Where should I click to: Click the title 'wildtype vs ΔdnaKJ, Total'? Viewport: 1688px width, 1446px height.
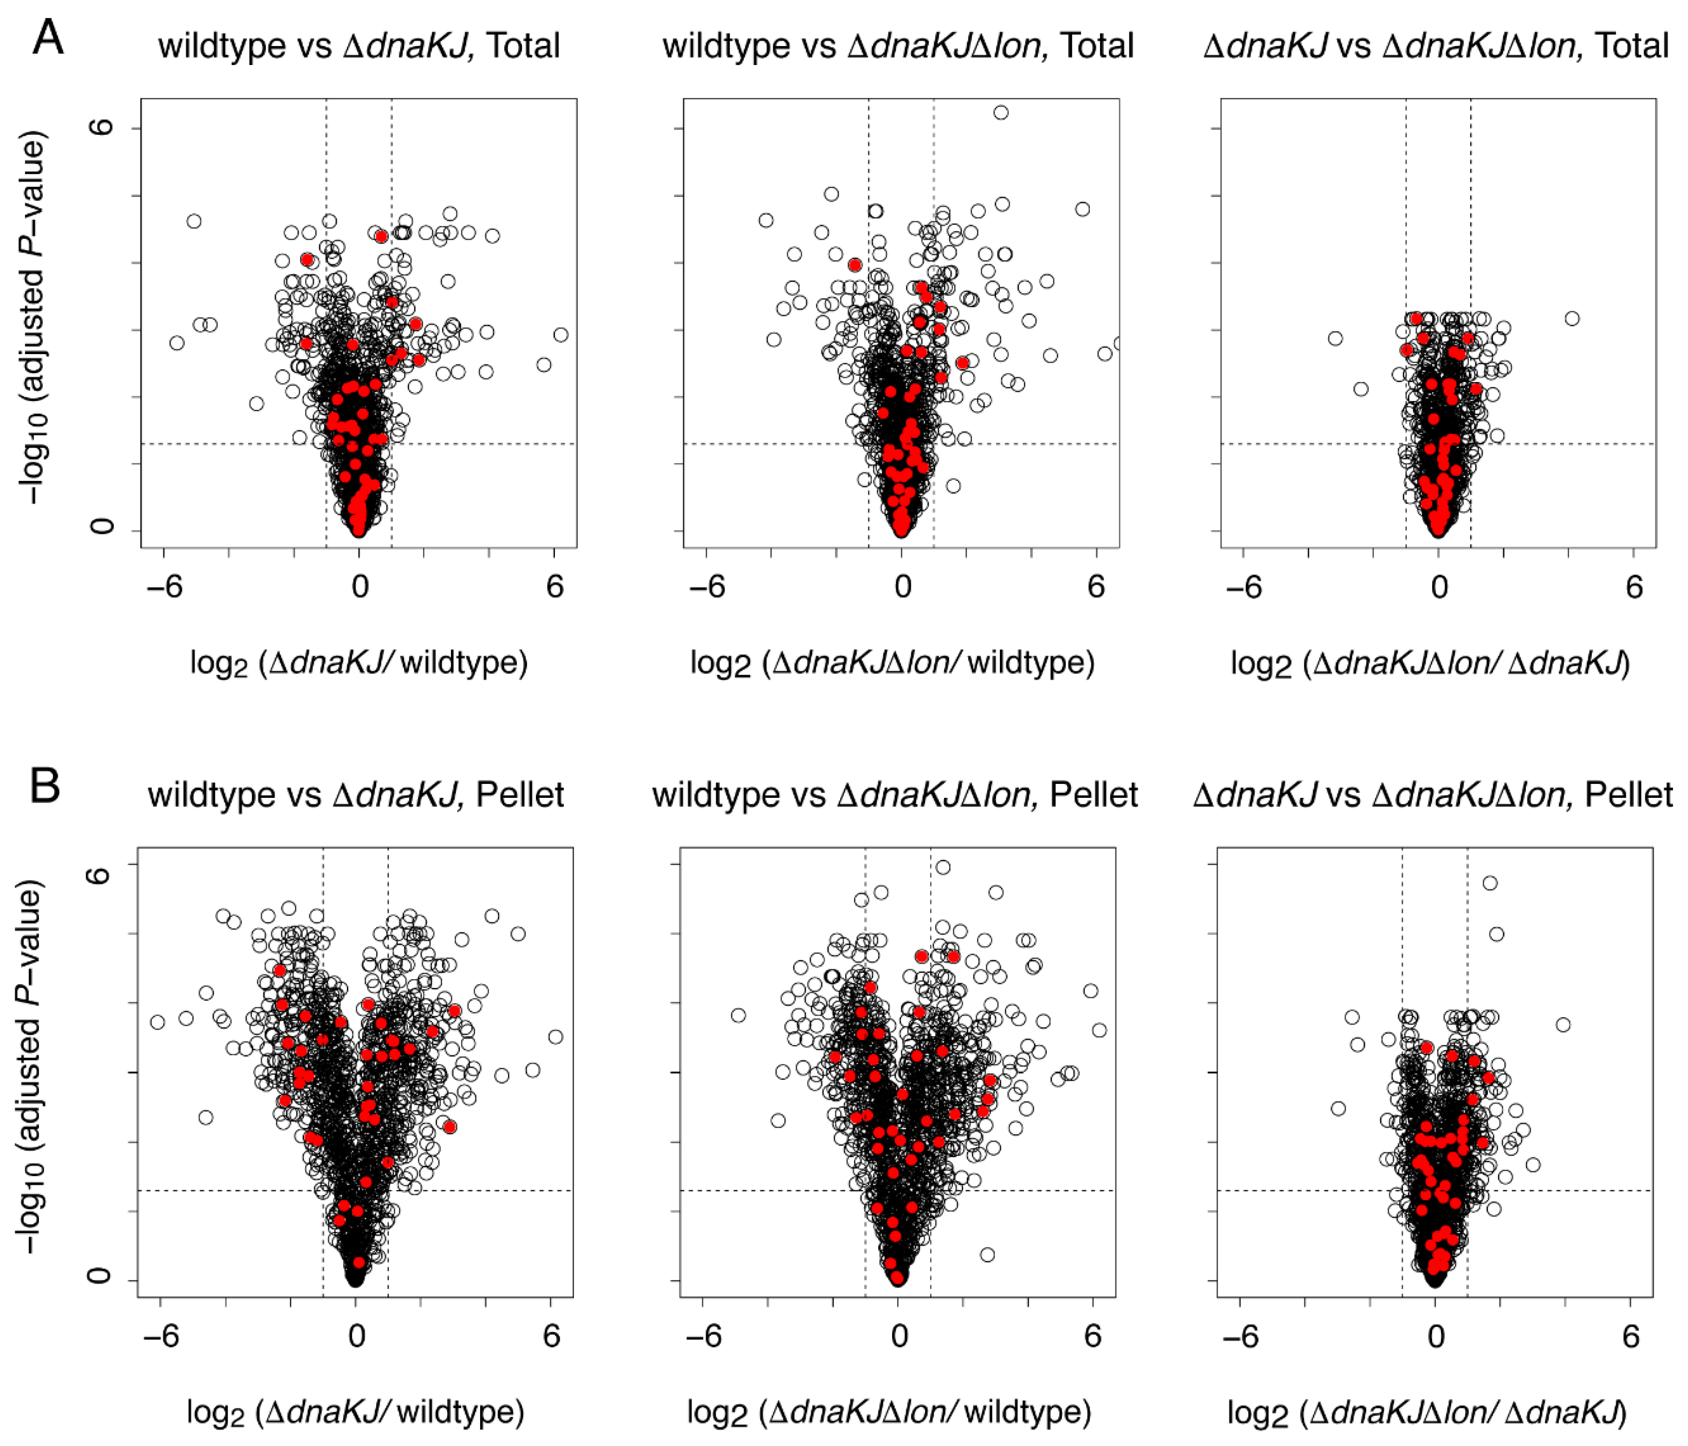(x=358, y=46)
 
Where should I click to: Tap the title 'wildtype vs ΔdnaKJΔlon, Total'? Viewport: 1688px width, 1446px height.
(x=898, y=46)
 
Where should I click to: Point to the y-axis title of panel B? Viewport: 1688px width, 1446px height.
(x=31, y=1068)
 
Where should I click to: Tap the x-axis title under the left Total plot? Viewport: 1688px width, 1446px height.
(x=358, y=663)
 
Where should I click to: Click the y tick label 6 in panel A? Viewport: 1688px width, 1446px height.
(x=102, y=127)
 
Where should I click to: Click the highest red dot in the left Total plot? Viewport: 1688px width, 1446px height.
(x=381, y=237)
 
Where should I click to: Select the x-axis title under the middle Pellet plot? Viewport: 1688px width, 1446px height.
(x=889, y=1412)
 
